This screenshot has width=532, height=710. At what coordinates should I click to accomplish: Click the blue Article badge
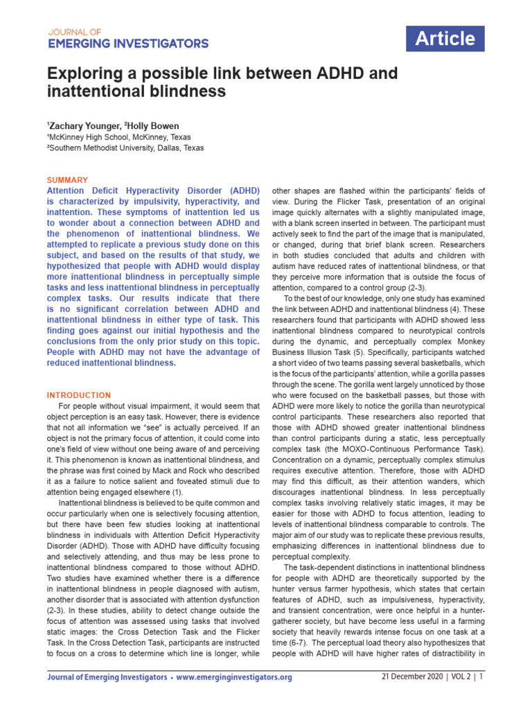tap(445, 39)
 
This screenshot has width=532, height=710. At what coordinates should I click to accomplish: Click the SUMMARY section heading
tap(67, 180)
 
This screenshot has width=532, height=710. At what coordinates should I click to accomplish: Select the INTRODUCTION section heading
tap(78, 395)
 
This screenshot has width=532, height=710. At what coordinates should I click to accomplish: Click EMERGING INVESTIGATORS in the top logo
tap(127, 44)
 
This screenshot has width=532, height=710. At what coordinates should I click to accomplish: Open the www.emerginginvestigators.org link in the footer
tap(234, 677)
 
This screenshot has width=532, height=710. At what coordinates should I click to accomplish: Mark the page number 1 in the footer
tap(481, 677)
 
